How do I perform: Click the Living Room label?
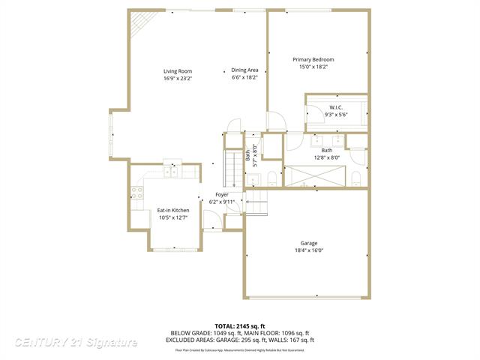178,71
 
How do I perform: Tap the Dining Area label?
244,70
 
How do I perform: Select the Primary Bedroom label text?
313,59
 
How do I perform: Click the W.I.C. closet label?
335,107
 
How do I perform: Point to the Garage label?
308,243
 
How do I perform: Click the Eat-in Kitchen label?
172,210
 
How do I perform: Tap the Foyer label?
222,195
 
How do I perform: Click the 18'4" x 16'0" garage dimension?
308,250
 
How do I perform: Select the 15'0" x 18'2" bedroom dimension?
313,67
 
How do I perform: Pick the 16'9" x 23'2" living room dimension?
178,78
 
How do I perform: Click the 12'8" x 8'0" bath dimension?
326,157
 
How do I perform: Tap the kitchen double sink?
172,171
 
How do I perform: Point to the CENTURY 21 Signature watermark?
76,343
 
